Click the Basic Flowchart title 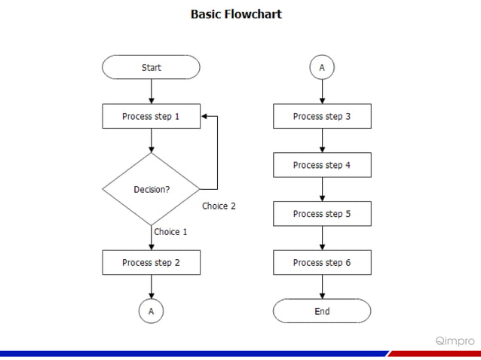236,14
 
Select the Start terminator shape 152,68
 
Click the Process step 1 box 152,117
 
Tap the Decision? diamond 152,189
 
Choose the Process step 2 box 152,263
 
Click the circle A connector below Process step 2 152,310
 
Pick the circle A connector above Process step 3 322,68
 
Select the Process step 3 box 322,117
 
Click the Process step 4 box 322,165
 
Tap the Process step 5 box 322,214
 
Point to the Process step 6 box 322,263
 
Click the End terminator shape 322,311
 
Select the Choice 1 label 170,232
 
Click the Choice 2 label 219,206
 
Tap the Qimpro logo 455,340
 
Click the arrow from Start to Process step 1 152,91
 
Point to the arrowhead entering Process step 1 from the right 206,117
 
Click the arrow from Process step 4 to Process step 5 322,189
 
